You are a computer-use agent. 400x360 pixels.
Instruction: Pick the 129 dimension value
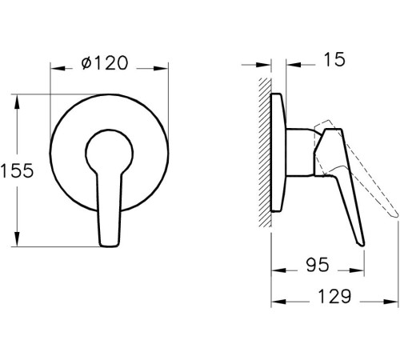330,297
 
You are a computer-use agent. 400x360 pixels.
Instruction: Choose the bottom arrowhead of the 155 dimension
18,242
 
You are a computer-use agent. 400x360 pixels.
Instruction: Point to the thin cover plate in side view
278,152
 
